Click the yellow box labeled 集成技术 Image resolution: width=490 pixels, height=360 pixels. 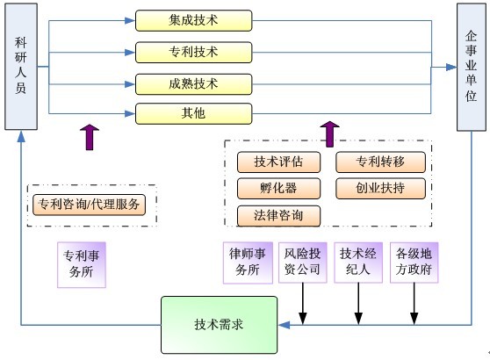coord(193,20)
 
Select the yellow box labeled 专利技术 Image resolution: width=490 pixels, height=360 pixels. coord(193,52)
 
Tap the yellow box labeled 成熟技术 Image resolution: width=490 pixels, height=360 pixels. coord(193,84)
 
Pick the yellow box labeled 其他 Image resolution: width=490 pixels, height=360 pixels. coord(193,113)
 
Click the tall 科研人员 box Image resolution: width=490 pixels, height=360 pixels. coord(21,67)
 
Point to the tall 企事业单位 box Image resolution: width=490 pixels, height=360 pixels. coord(472,68)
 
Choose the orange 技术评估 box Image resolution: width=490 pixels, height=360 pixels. coord(278,162)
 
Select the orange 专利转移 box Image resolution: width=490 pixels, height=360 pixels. coord(380,162)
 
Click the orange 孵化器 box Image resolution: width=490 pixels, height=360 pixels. coord(278,189)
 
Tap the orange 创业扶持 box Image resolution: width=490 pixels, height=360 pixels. coord(380,189)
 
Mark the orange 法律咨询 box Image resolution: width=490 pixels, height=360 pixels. coord(278,216)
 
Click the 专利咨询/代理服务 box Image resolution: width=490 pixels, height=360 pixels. coord(89,205)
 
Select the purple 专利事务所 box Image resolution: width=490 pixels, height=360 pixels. coord(82,264)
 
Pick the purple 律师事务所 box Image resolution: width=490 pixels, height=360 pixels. coord(248,263)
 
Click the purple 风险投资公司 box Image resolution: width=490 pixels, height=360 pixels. coord(302,263)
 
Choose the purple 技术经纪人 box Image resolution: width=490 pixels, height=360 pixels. coord(358,263)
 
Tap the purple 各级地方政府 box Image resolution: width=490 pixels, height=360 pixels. coord(414,263)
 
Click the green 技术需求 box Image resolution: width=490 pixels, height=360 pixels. coord(219,325)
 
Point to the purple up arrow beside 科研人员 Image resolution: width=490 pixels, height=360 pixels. coord(90,137)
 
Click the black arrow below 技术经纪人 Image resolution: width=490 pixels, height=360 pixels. coord(358,304)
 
